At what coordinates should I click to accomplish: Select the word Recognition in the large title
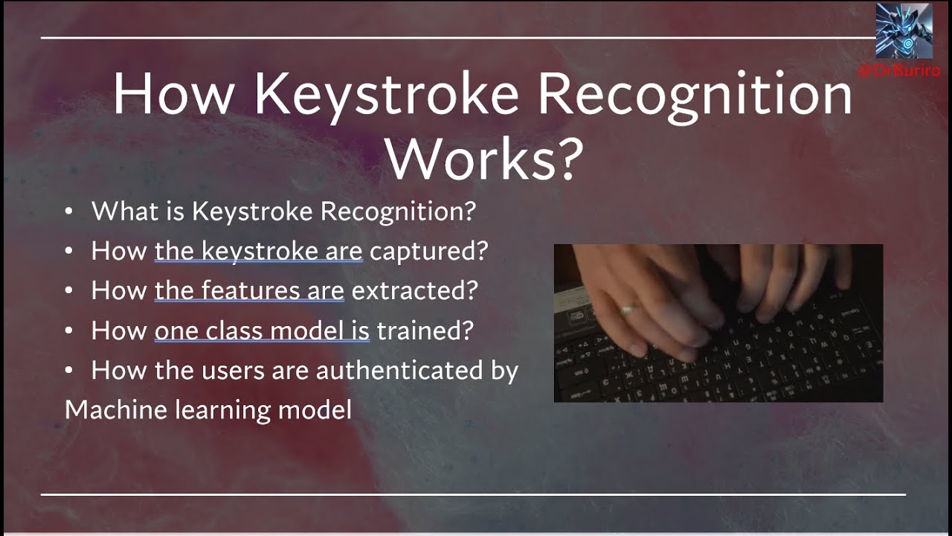point(695,95)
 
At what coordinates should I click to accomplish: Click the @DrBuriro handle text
point(898,71)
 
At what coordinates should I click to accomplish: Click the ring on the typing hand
point(629,307)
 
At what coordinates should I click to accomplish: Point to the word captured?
point(428,251)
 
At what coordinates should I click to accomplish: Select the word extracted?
point(414,290)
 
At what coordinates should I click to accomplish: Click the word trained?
point(425,330)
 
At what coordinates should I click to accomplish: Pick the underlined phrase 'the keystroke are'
point(258,251)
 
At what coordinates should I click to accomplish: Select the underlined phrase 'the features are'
point(249,290)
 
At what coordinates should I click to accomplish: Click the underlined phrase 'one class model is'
point(262,330)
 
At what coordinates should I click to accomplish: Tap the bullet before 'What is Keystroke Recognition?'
point(69,211)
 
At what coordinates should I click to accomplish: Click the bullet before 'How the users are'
point(69,370)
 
